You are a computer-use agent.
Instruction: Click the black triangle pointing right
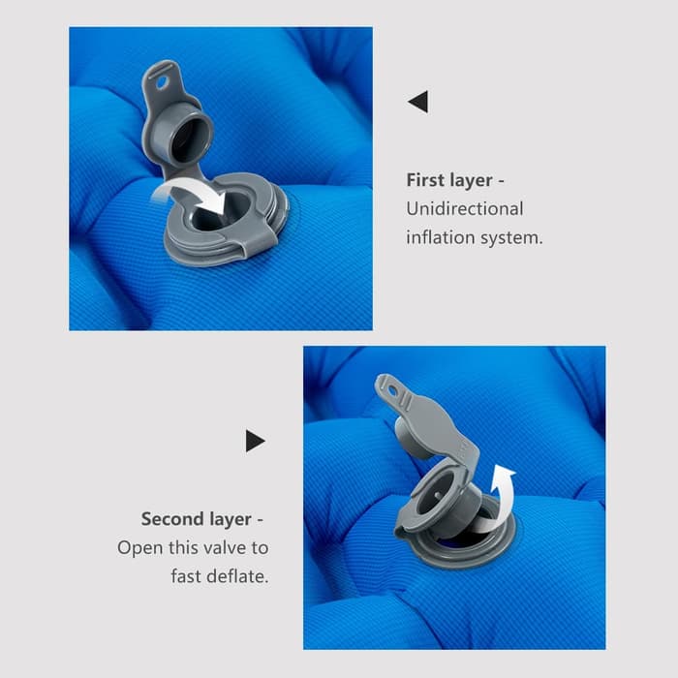254,441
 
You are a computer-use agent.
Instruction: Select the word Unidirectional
465,209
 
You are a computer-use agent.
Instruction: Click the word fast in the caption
190,576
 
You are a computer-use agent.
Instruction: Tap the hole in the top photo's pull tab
162,83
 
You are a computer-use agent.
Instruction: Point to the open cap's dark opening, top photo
190,139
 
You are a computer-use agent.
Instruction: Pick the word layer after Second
230,520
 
